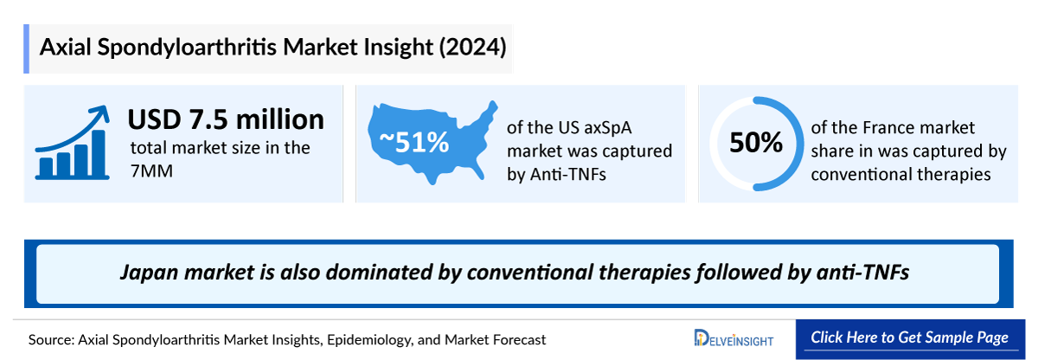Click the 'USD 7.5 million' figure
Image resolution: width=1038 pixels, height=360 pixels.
click(226, 119)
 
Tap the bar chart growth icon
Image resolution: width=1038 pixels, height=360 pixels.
click(72, 143)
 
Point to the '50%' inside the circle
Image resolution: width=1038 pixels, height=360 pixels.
click(755, 143)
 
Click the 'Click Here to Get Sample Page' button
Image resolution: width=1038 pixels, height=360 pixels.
click(909, 337)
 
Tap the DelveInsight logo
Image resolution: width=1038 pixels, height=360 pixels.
click(734, 338)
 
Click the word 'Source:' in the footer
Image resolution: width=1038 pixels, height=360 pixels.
click(51, 339)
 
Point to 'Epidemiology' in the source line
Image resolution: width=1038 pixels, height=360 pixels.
click(368, 339)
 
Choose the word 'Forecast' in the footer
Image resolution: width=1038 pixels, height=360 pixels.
click(517, 339)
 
